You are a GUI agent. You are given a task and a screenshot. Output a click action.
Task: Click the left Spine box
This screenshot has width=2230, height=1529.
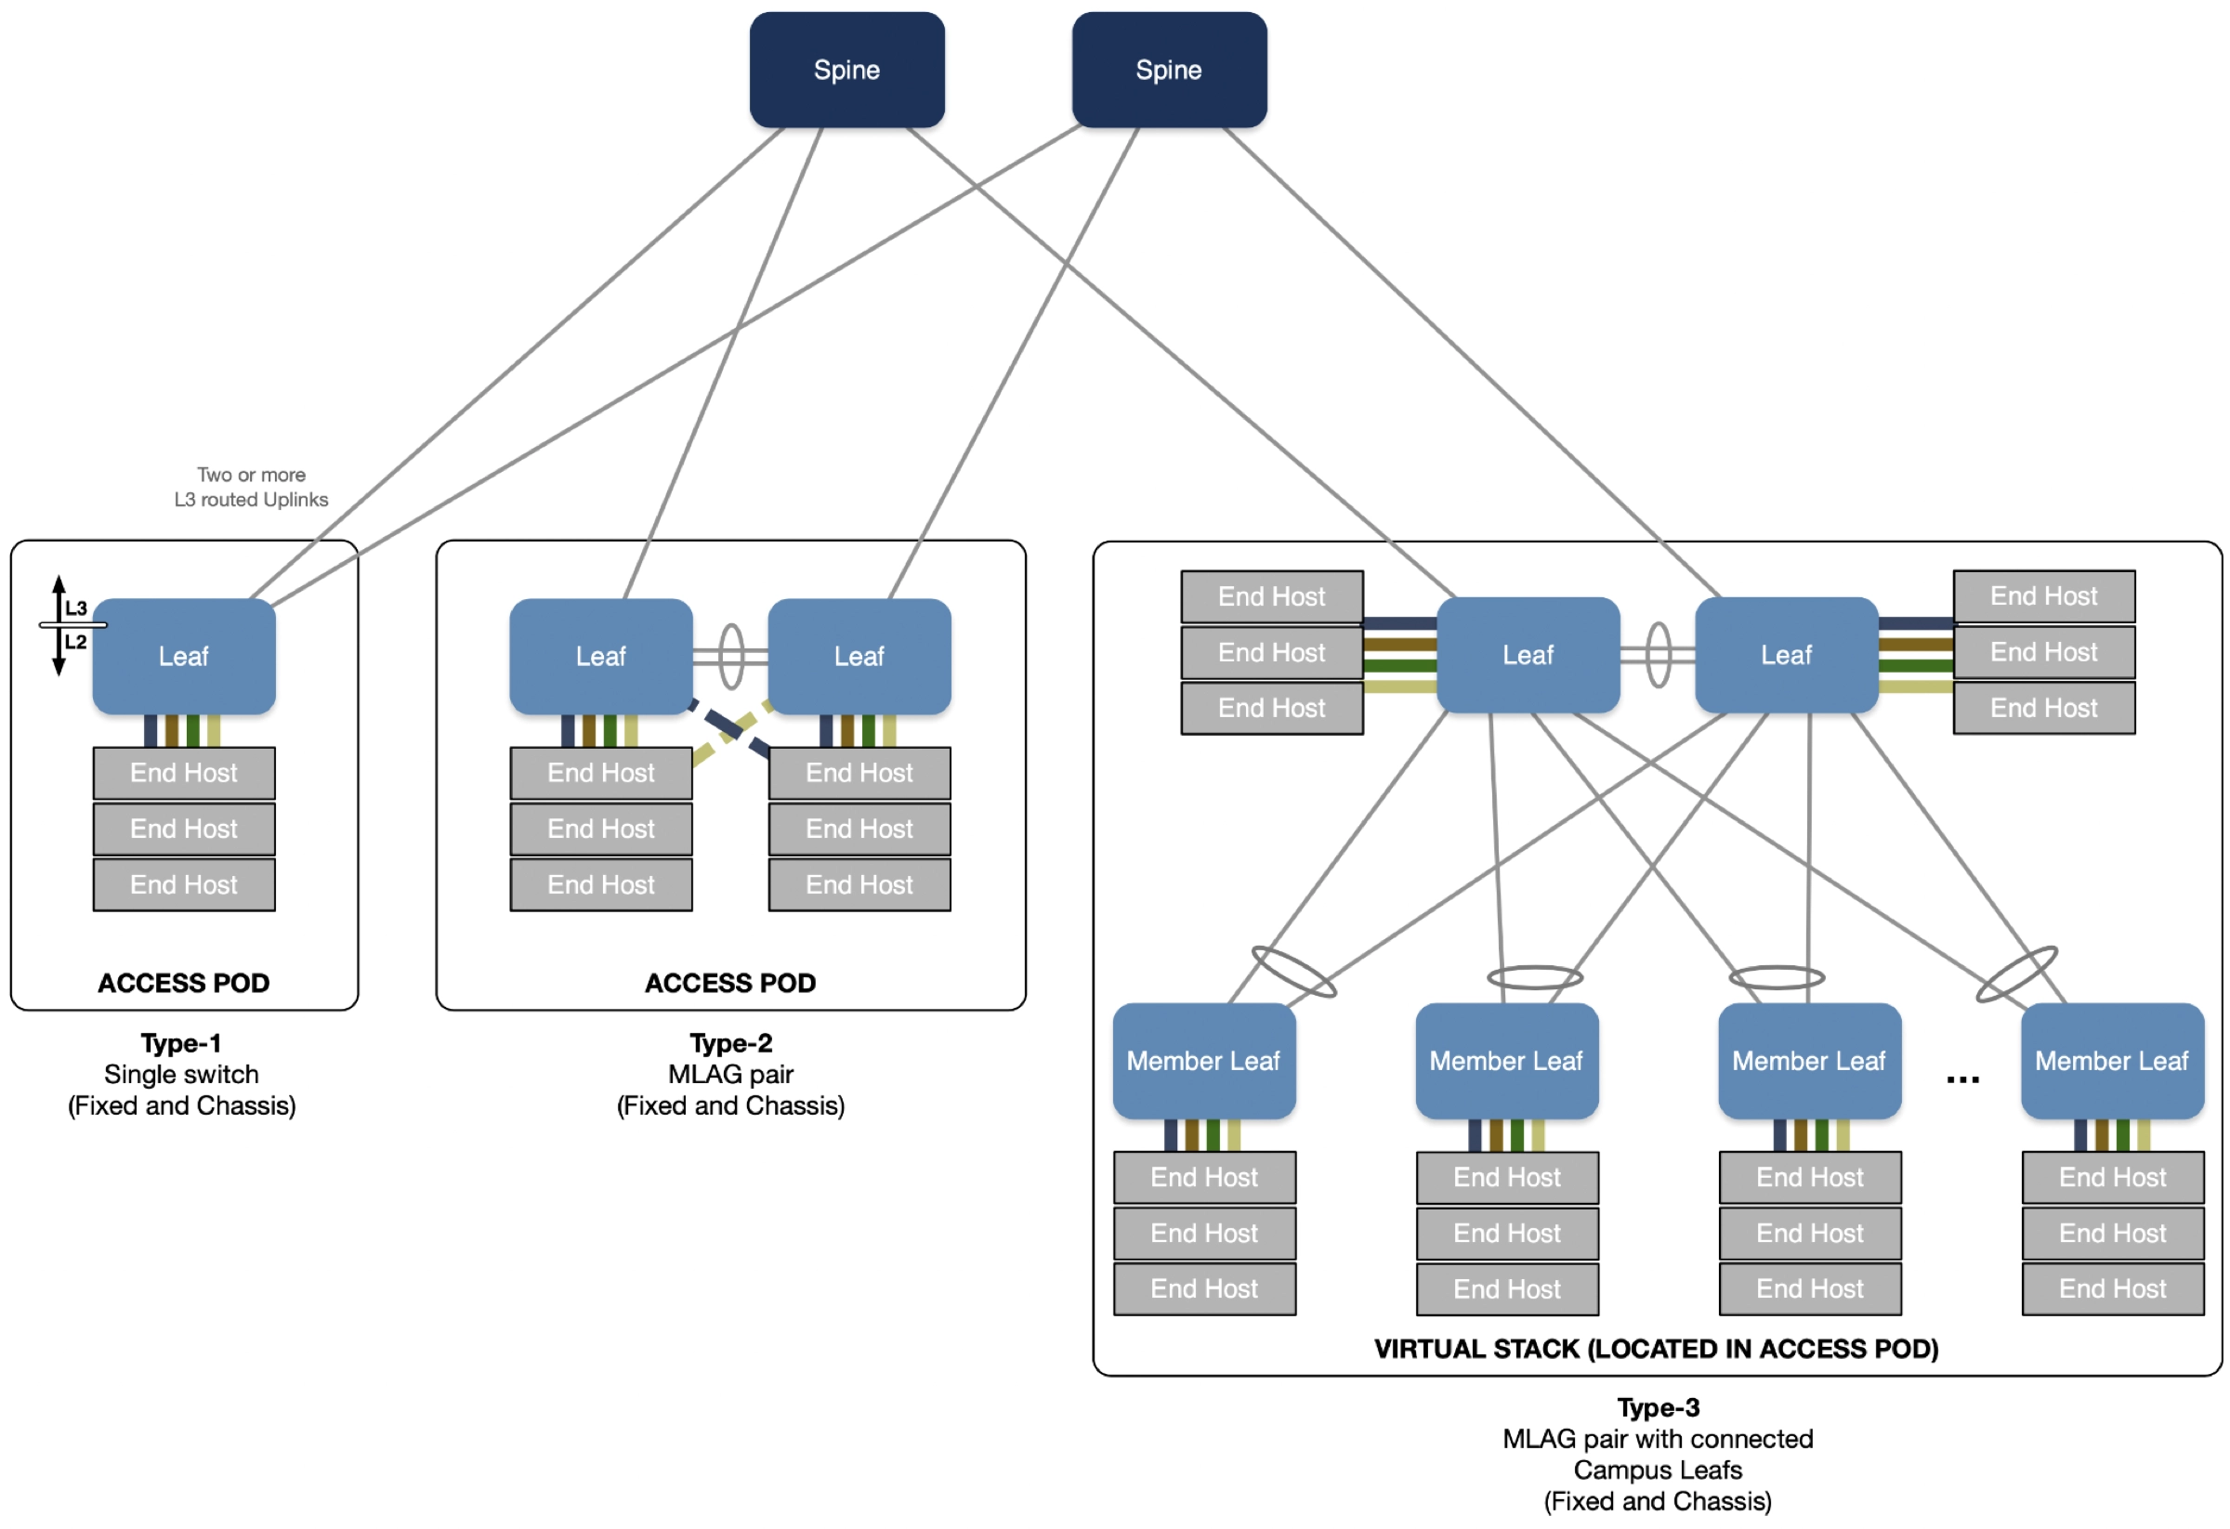pos(846,69)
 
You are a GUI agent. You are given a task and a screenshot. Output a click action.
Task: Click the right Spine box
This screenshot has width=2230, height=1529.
pos(1169,69)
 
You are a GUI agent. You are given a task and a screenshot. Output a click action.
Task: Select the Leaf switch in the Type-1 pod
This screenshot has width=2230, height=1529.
pos(183,656)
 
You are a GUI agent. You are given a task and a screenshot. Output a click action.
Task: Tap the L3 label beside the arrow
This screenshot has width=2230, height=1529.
pos(76,608)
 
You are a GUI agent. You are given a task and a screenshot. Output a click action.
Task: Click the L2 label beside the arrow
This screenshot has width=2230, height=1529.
pos(76,642)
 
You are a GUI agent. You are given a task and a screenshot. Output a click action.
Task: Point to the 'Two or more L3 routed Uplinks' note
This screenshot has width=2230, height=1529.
pos(252,488)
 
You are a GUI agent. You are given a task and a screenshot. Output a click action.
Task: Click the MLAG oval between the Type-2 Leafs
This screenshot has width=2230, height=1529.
pos(731,656)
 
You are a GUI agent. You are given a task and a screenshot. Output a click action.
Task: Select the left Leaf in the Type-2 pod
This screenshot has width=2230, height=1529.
pos(600,656)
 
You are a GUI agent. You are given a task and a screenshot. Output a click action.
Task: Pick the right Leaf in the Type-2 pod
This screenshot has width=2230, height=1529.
pos(859,656)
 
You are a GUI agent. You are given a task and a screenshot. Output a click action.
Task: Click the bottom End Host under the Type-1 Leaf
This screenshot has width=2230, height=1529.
pos(183,884)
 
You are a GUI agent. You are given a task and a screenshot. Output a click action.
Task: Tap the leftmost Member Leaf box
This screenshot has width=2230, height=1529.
pos(1203,1061)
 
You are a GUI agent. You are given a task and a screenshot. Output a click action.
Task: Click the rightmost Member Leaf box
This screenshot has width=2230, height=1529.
pos(2111,1061)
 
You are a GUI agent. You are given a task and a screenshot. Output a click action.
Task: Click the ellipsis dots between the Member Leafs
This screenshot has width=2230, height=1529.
pos(1962,1080)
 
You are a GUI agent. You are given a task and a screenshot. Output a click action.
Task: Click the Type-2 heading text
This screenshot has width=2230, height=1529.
pos(730,1042)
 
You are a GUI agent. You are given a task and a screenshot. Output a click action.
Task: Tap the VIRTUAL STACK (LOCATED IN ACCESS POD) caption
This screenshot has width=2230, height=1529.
pos(1656,1349)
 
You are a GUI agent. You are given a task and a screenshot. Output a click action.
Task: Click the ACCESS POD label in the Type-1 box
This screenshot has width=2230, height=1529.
pos(183,983)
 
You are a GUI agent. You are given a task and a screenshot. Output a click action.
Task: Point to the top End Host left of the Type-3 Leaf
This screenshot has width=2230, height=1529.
pos(1271,596)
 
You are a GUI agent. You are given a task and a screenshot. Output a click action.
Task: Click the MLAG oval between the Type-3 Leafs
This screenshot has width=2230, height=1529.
pos(1659,655)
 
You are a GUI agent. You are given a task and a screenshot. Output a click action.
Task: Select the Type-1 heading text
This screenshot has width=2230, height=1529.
pos(181,1042)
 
